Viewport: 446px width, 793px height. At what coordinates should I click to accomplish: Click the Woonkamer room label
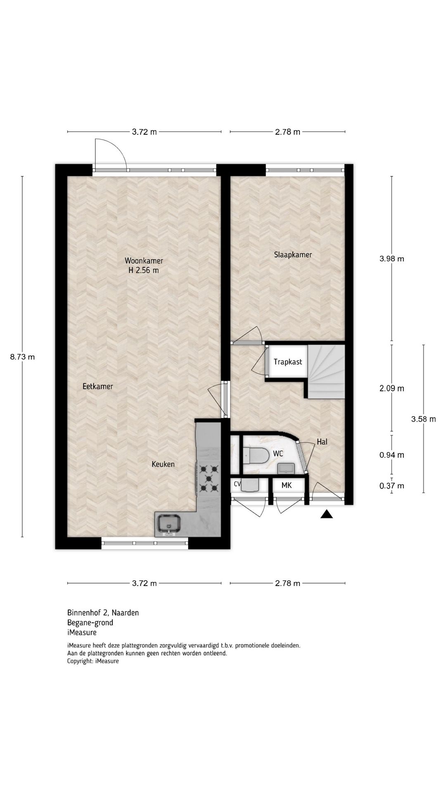(144, 261)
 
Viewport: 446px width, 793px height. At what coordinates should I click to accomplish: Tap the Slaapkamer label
(293, 255)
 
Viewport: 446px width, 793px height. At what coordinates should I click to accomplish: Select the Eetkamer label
(97, 387)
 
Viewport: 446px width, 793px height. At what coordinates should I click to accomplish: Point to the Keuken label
(163, 464)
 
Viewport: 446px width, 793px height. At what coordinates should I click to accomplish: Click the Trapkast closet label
(288, 362)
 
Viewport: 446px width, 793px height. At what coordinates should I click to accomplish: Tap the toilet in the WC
(256, 456)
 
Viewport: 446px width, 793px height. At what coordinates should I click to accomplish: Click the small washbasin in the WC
(285, 468)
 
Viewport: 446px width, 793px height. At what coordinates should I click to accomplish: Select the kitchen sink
(168, 525)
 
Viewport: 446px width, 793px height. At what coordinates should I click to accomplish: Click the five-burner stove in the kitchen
(208, 478)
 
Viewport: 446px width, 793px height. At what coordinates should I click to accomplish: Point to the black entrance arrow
(327, 514)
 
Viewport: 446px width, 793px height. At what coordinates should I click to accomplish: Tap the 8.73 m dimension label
(22, 357)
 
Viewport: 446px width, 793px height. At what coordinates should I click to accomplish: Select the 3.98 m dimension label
(391, 259)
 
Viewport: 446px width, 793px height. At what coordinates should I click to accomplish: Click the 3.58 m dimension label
(423, 419)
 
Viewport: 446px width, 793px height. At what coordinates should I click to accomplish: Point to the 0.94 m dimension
(391, 455)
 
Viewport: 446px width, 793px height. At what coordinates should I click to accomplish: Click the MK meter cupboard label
(287, 485)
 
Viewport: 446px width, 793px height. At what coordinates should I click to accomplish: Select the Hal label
(322, 442)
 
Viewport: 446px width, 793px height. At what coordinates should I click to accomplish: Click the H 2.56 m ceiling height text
(144, 271)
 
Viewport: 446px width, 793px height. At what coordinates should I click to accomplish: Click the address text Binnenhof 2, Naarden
(103, 613)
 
